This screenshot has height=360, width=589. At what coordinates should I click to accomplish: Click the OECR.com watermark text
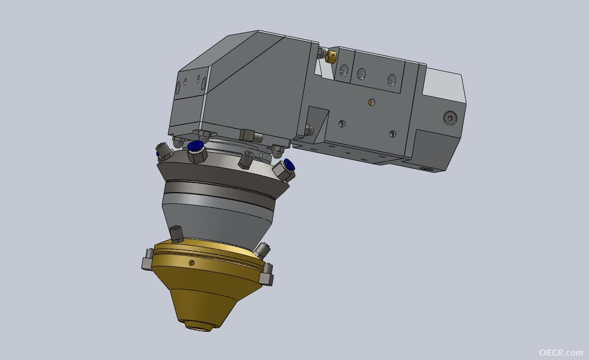(561, 353)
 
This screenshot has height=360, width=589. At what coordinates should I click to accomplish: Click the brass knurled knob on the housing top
(331, 56)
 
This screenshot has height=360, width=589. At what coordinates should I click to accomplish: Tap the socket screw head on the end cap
(450, 117)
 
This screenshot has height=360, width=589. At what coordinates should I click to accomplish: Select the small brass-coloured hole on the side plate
(372, 102)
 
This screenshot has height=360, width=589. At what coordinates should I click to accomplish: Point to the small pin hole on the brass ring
(192, 262)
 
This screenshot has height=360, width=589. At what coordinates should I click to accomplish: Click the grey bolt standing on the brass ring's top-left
(176, 234)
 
